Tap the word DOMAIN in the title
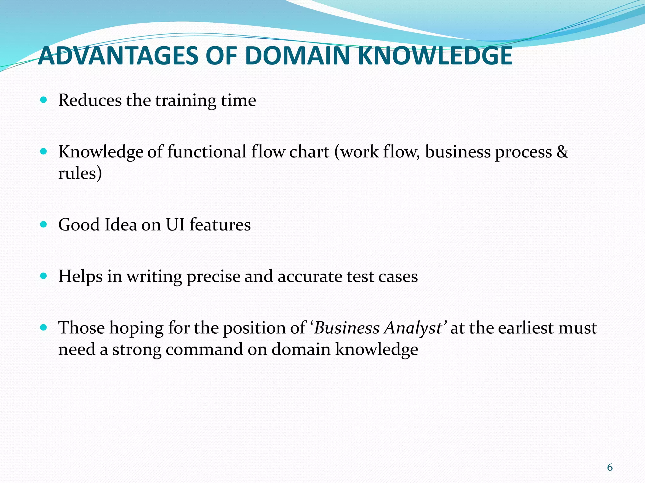(297, 56)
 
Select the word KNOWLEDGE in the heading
(435, 56)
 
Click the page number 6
(610, 467)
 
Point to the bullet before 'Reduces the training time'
(44, 100)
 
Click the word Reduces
(90, 100)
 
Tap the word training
(186, 101)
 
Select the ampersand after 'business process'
(562, 152)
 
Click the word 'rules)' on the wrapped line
(80, 173)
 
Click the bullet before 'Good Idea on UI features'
(44, 225)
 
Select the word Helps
(81, 277)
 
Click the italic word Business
(347, 328)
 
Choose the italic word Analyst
(414, 328)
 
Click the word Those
(82, 328)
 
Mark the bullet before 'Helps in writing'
(44, 276)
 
